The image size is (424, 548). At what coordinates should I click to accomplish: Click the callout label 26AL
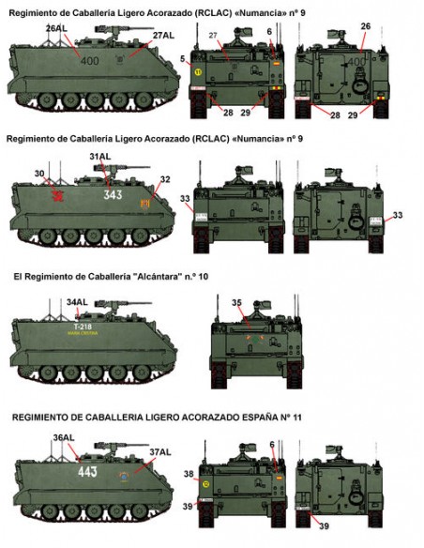coord(56,30)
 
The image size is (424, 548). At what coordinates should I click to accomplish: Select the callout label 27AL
coord(161,36)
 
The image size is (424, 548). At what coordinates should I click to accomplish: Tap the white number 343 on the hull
coord(114,195)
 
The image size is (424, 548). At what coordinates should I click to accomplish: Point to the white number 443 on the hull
coord(89,471)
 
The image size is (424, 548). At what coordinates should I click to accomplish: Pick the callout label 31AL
coord(100,157)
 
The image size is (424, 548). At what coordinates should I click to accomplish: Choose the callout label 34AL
coord(79,301)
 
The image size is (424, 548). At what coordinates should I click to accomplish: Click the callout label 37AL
coord(160,452)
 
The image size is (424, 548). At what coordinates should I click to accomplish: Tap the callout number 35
coord(238,302)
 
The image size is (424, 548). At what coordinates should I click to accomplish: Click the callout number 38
coord(189,474)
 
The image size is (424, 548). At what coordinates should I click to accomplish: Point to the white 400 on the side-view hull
coord(89,61)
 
